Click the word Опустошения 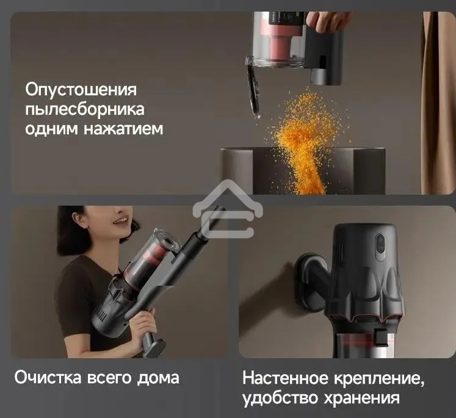(81, 90)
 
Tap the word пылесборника (85, 110)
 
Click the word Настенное (287, 378)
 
